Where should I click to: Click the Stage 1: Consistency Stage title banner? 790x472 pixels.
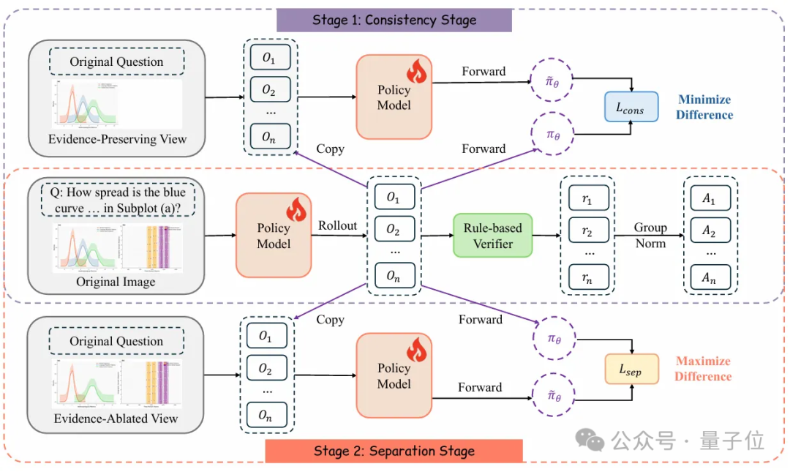(x=394, y=19)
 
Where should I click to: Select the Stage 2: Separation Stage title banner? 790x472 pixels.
(x=394, y=451)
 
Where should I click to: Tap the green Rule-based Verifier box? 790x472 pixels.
(x=492, y=236)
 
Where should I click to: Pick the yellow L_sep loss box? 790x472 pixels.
(x=631, y=370)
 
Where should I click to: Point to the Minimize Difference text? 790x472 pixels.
(x=704, y=107)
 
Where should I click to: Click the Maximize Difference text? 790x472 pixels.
(x=703, y=369)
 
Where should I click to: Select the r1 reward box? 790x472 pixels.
(x=589, y=198)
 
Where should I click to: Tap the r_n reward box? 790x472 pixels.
(x=589, y=277)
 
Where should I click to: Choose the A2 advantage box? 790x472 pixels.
(x=709, y=231)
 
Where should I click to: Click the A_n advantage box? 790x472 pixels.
(x=709, y=277)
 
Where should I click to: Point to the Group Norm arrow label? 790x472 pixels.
(x=650, y=235)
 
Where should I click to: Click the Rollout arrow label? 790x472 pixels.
(x=337, y=226)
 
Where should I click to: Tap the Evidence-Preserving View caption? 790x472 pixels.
(x=118, y=139)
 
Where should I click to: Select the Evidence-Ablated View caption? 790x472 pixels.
(x=116, y=419)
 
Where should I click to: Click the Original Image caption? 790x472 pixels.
(x=116, y=282)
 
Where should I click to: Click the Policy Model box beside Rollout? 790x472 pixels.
(x=273, y=236)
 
